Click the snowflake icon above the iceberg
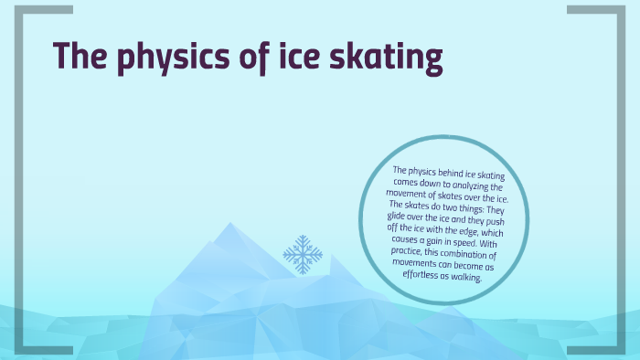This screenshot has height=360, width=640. tap(303, 253)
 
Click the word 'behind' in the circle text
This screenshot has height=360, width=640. tap(444, 171)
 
